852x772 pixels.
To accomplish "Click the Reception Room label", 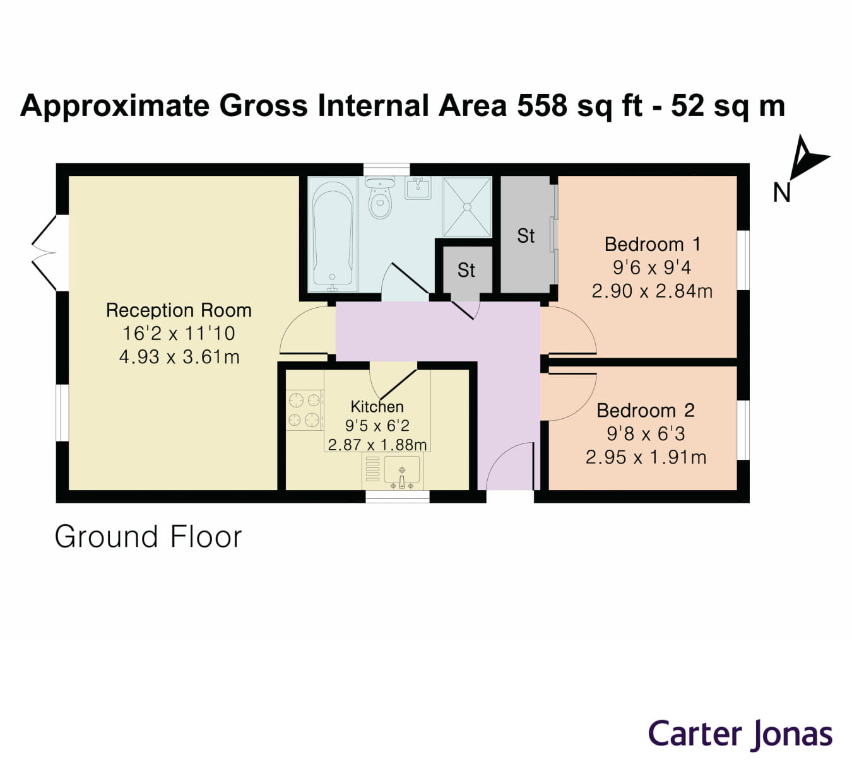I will coord(179,310).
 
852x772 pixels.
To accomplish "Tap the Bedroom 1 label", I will coord(652,244).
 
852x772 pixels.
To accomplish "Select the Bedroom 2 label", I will coord(645,411).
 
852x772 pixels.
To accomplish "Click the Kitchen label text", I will coord(377,407).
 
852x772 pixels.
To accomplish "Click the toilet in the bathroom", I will coord(380,198).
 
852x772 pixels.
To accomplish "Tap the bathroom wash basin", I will coord(418,188).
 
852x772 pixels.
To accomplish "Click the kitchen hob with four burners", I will coord(304,410).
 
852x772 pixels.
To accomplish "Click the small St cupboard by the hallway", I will coord(466,270).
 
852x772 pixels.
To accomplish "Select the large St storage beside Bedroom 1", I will coord(525,235).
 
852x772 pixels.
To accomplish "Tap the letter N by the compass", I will coord(781,192).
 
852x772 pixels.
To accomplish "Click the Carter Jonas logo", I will coord(740,735).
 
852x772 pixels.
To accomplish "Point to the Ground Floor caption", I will coord(148,537).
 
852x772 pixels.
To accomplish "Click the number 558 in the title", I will coord(542,105).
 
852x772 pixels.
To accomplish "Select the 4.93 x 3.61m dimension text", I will coord(179,357).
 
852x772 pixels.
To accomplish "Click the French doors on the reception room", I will coord(44,253).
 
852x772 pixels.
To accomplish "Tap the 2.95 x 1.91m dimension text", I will coord(646,457).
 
